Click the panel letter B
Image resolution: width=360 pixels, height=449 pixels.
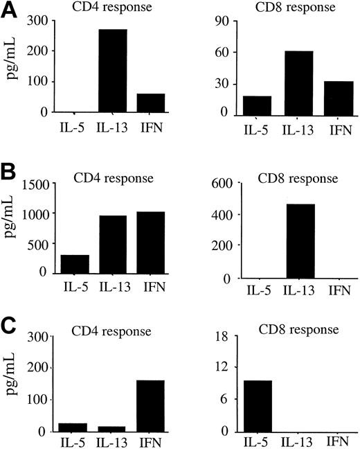click(9, 168)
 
